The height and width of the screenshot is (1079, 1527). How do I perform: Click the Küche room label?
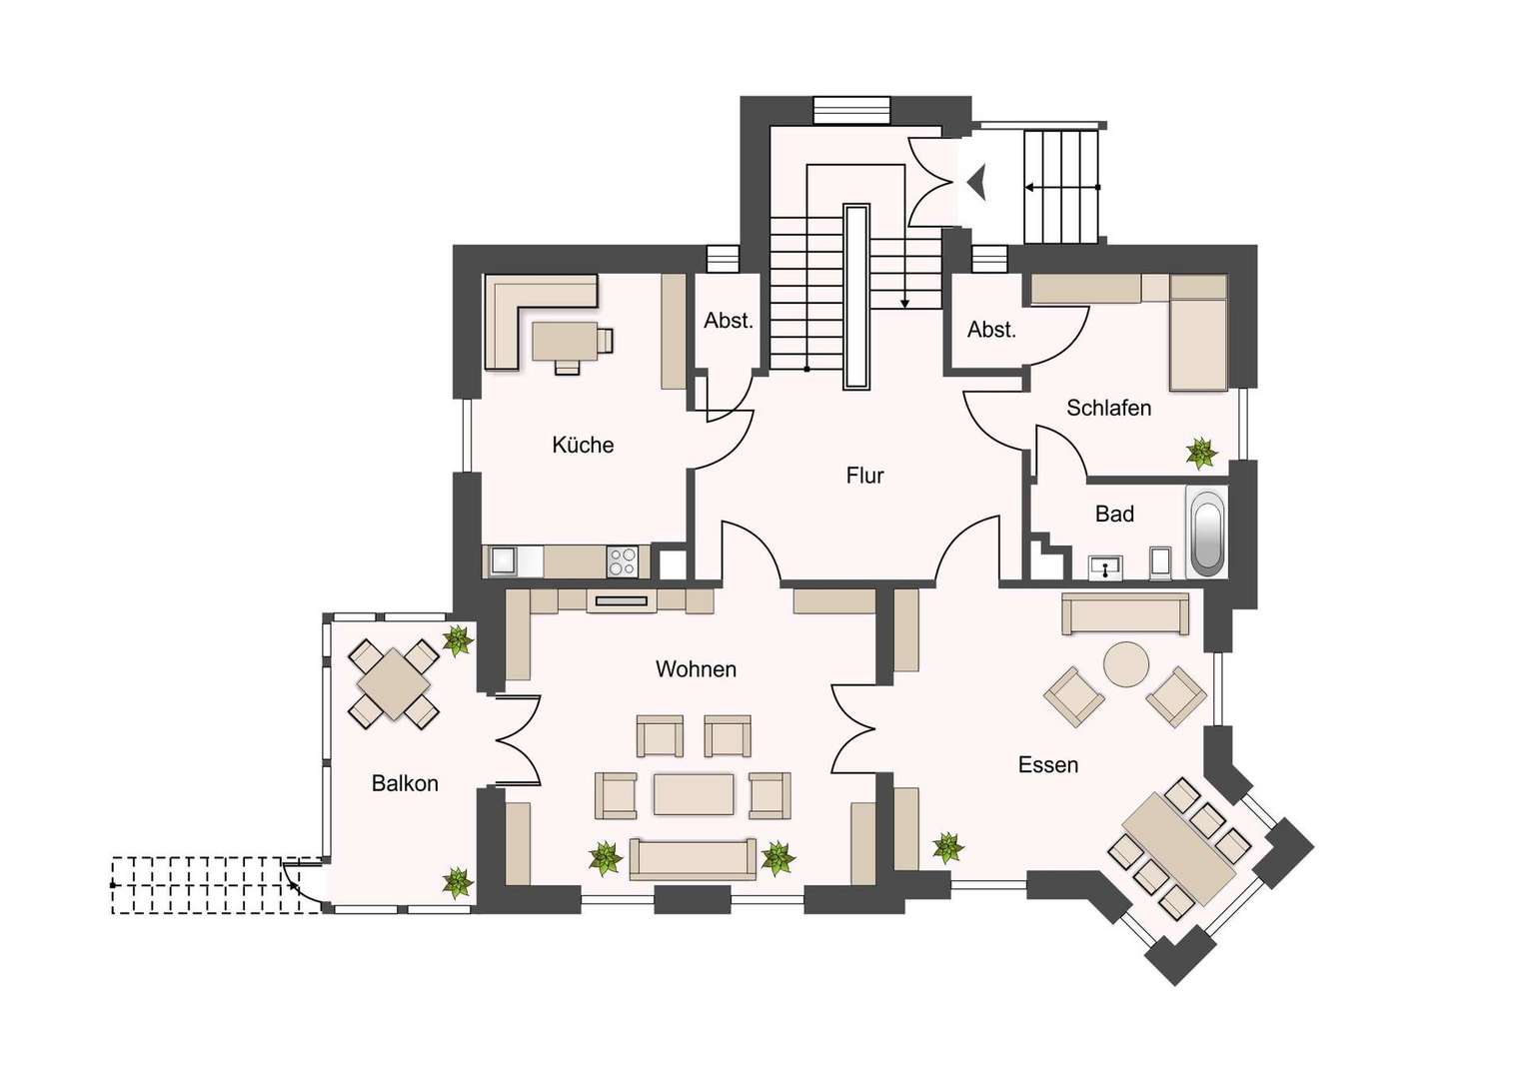point(583,446)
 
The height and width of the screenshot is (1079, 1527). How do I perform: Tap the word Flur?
point(865,476)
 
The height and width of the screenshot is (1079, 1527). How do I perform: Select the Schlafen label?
point(1109,408)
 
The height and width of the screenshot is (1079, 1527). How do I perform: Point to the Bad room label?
point(1114,514)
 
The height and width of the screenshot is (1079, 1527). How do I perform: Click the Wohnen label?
point(696,669)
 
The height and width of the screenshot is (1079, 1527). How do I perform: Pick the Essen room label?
point(1048,764)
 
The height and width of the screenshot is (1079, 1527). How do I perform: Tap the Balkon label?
point(405,783)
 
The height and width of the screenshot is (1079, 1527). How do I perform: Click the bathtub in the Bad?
point(1206,532)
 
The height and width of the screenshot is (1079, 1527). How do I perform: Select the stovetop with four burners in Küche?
point(623,562)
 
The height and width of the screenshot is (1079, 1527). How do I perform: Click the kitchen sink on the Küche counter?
point(504,562)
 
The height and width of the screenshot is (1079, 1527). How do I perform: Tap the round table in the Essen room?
point(1127,664)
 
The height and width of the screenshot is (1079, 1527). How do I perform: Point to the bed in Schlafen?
point(1198,333)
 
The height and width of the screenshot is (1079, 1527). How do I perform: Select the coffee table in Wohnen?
point(694,793)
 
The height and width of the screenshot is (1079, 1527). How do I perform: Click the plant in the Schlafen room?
point(1200,454)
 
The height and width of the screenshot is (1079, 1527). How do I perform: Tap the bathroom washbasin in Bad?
point(1105,567)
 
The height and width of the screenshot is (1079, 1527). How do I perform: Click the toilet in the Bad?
point(1161,563)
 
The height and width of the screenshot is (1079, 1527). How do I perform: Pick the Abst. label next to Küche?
point(729,321)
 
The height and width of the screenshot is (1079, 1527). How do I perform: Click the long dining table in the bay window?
point(1179,848)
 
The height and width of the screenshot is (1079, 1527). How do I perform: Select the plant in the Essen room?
point(947,848)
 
